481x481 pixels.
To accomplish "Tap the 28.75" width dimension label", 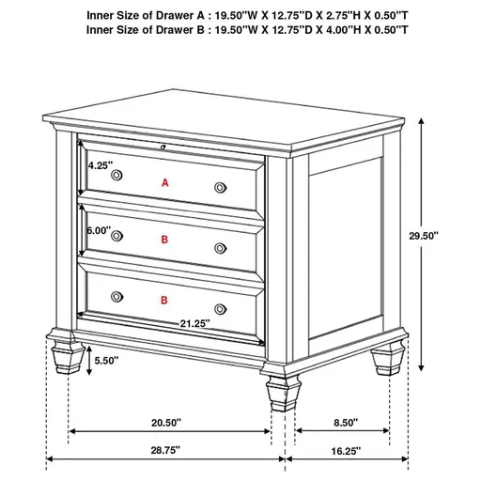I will (x=165, y=450).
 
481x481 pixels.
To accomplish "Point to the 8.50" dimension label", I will (x=344, y=423).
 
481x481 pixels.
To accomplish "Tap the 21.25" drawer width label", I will (x=194, y=322).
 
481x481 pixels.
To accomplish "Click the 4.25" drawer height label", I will (x=100, y=165).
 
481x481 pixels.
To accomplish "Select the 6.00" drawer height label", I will (x=98, y=230).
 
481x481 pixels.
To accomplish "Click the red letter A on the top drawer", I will (x=165, y=182).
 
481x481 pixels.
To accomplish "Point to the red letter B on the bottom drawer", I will (x=165, y=301).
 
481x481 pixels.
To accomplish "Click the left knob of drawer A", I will (x=117, y=176).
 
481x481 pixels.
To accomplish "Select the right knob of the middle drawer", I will (x=222, y=248).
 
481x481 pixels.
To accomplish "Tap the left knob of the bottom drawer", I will (x=117, y=295).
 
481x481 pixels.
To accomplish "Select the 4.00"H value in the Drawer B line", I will (x=340, y=30).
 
